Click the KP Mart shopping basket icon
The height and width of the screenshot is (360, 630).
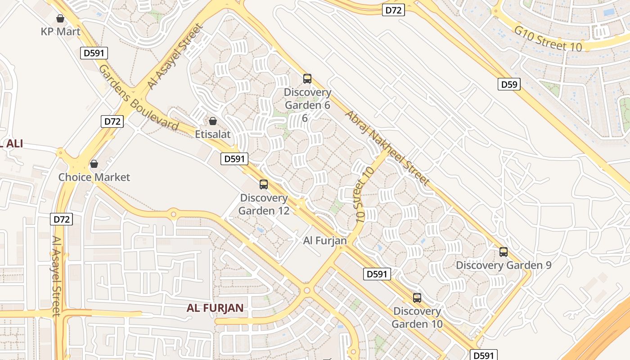click(x=60, y=18)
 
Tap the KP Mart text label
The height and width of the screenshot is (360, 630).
click(x=60, y=31)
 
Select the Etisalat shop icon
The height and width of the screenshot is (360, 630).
click(x=212, y=121)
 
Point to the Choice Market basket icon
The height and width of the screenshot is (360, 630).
click(x=94, y=164)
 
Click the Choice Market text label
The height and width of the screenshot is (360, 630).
click(x=94, y=177)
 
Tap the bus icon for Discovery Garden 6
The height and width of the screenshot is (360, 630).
click(x=307, y=79)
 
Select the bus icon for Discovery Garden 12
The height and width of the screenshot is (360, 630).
click(x=264, y=184)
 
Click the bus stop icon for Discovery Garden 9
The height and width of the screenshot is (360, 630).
click(x=504, y=252)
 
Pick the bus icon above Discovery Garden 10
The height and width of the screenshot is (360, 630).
click(x=417, y=298)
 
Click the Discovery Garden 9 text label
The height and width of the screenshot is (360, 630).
click(x=504, y=265)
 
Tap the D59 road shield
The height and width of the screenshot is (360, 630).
click(x=509, y=84)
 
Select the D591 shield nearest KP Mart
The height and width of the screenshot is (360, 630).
click(x=94, y=53)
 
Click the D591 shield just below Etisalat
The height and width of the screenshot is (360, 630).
click(x=234, y=158)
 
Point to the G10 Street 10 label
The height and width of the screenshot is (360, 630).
click(x=548, y=39)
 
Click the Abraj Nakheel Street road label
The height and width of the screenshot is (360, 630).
click(x=387, y=148)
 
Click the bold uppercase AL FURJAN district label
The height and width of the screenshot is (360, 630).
click(x=215, y=308)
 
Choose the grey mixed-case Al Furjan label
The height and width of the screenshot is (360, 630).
click(x=325, y=241)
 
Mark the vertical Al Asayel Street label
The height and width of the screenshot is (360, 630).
click(x=56, y=276)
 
